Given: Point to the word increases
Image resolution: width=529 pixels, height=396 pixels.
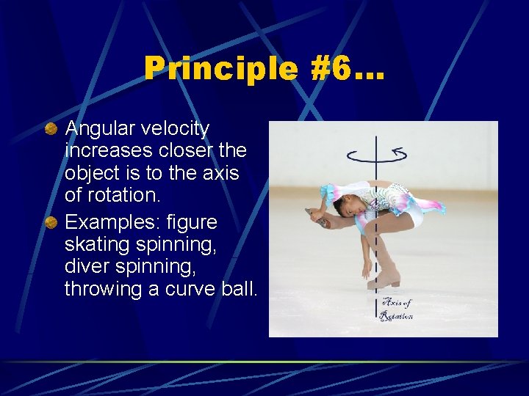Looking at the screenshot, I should point(106,150).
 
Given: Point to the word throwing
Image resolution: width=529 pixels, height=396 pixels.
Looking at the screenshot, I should point(103,289).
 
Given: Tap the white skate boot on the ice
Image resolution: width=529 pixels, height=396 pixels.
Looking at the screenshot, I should point(384,278).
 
